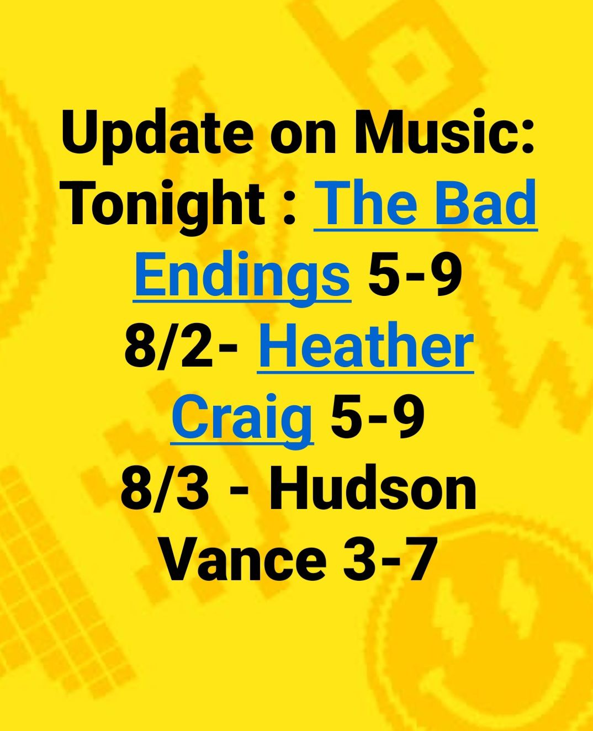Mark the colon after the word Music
tap(526, 136)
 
